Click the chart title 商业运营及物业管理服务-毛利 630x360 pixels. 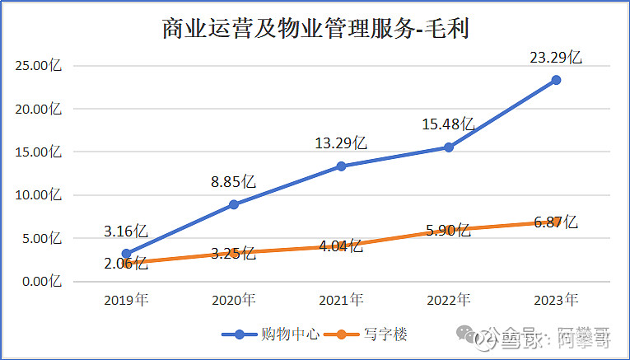point(315,29)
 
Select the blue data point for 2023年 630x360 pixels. point(556,80)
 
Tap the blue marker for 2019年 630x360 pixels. point(126,254)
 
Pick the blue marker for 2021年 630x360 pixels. point(341,166)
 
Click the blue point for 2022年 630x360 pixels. point(449,147)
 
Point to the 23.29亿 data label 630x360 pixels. point(556,58)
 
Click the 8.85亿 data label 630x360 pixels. point(233,181)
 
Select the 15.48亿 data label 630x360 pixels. point(448,124)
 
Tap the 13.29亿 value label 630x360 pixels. point(341,143)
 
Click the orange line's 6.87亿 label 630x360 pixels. point(556,222)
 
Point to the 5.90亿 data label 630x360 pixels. point(448,230)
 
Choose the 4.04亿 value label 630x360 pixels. point(341,245)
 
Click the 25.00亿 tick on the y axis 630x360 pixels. point(39,65)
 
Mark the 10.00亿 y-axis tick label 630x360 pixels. point(39,195)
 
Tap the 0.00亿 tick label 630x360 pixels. point(42,281)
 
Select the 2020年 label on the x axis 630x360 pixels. point(234,300)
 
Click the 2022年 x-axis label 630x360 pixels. point(449,300)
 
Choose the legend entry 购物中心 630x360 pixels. point(271,334)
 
